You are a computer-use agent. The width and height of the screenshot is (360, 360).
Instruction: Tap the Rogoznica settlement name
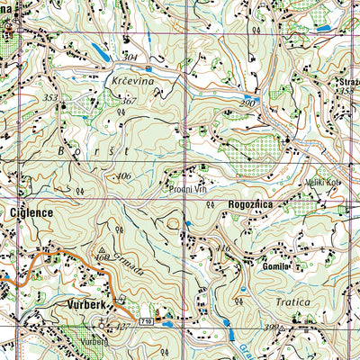263,205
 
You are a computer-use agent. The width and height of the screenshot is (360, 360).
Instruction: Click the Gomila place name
274,267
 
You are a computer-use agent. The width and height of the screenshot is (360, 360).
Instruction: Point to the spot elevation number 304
132,58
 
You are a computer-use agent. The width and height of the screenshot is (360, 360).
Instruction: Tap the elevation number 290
247,105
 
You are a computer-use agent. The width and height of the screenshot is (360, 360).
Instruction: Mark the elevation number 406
123,176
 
